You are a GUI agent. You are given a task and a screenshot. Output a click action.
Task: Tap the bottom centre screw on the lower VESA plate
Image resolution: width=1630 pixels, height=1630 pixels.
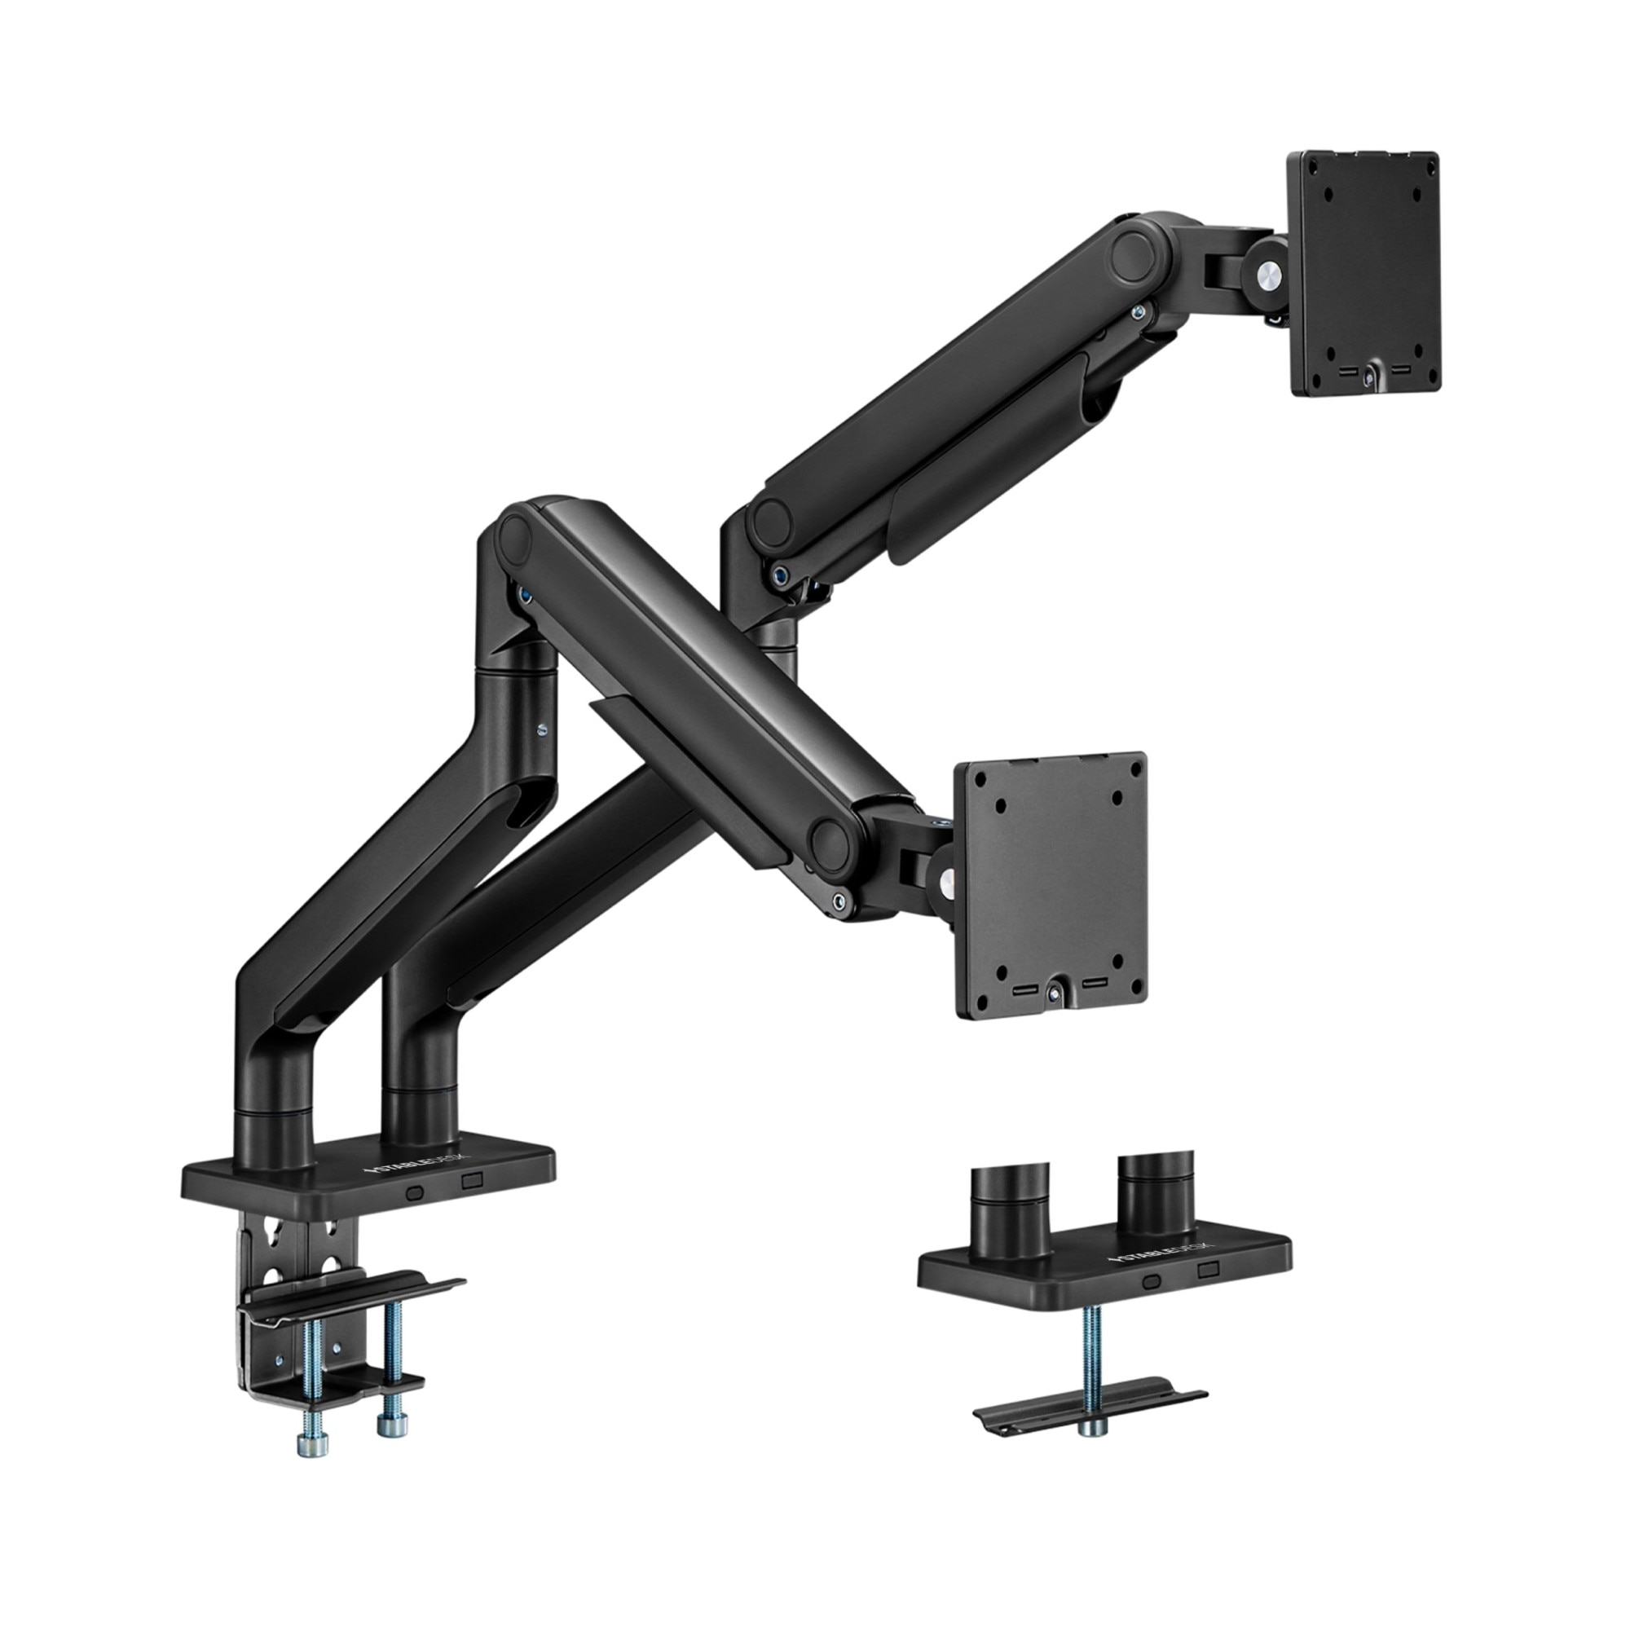1054,993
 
